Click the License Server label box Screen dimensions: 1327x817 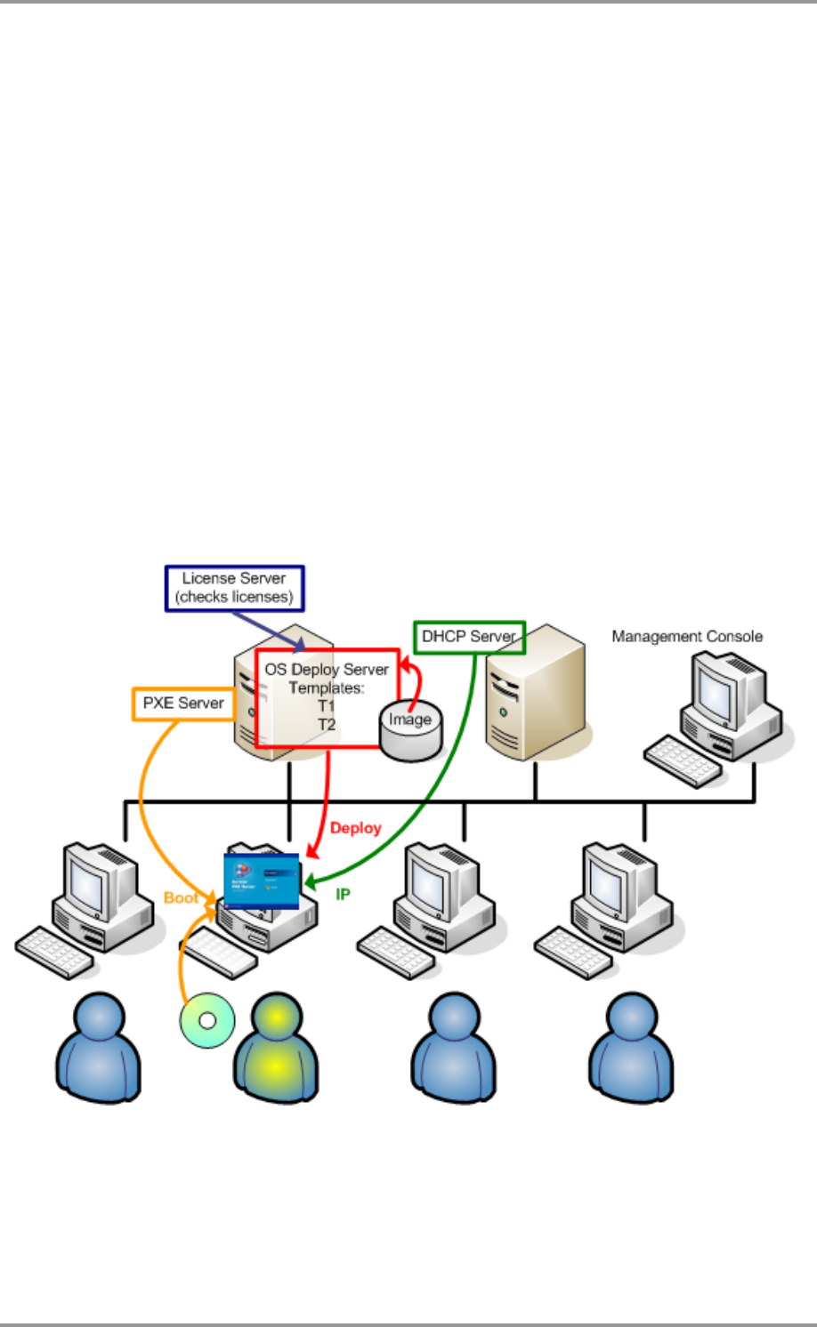coord(235,588)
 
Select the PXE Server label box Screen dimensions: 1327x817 coord(183,703)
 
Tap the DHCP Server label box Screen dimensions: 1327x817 coord(469,637)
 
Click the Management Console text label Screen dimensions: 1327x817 coord(687,637)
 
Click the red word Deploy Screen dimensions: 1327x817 coord(355,828)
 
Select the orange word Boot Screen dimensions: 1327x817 coord(182,897)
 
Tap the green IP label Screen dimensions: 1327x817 coord(343,894)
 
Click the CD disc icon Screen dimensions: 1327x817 coord(207,1020)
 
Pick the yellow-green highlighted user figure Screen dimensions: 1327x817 coord(275,1049)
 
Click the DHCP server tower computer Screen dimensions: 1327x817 coord(535,694)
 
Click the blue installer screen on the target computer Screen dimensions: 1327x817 coord(262,881)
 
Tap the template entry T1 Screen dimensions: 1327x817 coord(327,706)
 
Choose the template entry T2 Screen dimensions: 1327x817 coord(327,725)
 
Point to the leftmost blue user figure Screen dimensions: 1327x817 coord(99,1049)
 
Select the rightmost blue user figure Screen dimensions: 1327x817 coord(631,1049)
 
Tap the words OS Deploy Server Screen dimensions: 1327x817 coord(327,669)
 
